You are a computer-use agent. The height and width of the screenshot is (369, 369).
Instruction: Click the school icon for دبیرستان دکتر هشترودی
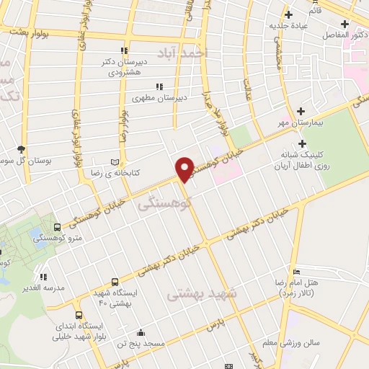pyautogui.click(x=124, y=50)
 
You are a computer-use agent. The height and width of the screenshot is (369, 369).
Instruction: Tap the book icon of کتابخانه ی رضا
pyautogui.click(x=115, y=162)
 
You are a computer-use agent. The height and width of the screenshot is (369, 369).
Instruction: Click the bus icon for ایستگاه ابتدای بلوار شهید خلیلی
pyautogui.click(x=78, y=315)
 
